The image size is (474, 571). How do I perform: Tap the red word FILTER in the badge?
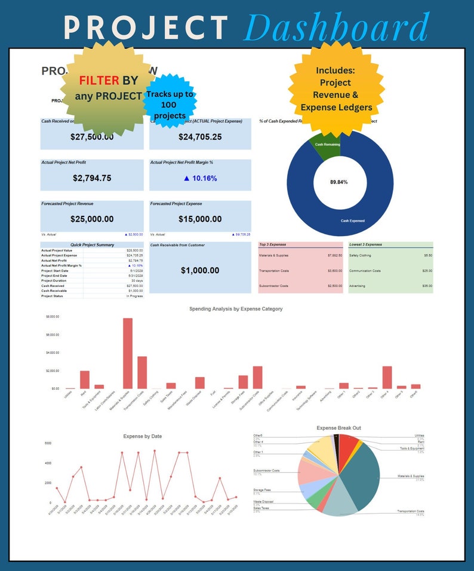tap(99, 80)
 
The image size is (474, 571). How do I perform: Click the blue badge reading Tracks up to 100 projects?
tap(170, 105)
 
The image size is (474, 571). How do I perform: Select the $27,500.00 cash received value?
tap(91, 137)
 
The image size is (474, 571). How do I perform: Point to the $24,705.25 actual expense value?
tap(200, 137)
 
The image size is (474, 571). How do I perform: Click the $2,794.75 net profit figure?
tap(91, 178)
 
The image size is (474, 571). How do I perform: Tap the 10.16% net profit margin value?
tap(200, 178)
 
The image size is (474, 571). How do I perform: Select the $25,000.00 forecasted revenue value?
tap(91, 219)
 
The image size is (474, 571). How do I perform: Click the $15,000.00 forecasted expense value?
tap(200, 219)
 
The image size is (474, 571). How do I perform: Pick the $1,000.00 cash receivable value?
tap(200, 270)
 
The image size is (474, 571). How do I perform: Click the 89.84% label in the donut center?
tap(340, 182)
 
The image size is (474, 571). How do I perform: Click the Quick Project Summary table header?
tap(92, 245)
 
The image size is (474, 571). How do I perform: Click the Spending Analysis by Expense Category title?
tap(236, 309)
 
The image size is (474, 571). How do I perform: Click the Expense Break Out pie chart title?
tap(339, 428)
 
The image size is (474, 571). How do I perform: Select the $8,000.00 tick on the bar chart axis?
tap(53, 316)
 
